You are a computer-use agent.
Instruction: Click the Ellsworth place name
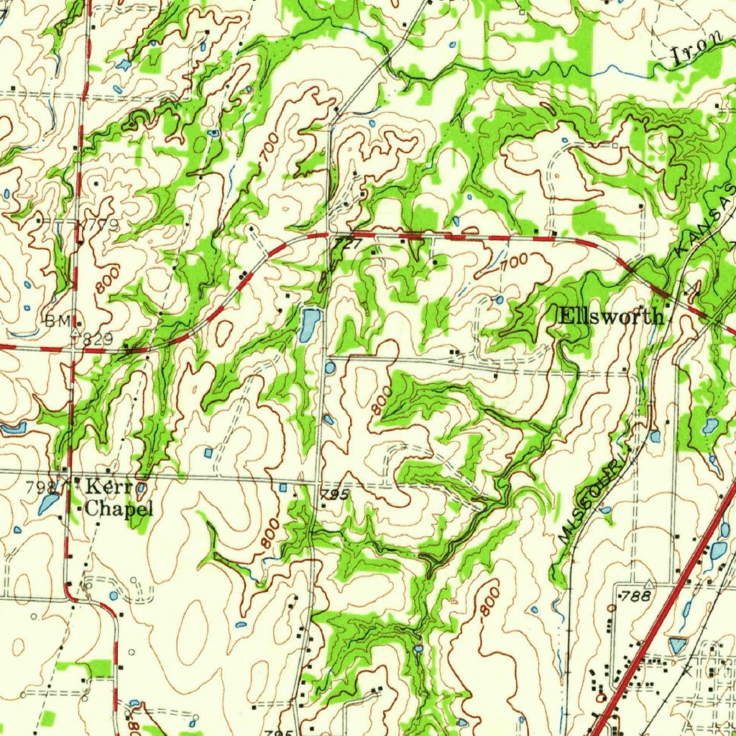(x=611, y=316)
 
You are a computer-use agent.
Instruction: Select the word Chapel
(x=120, y=509)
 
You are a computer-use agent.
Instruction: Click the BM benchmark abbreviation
(x=56, y=321)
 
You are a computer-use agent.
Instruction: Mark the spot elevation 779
(x=101, y=226)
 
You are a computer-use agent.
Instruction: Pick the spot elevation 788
(x=636, y=596)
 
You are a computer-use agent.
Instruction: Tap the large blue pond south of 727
(x=309, y=324)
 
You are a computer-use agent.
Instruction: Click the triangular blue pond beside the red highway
(x=676, y=645)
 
